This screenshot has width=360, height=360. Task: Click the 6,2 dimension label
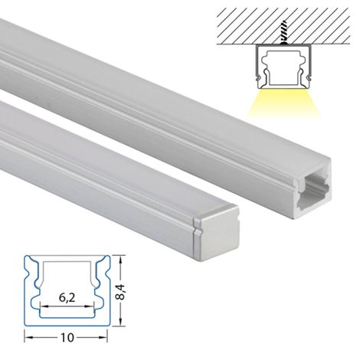(x=67, y=298)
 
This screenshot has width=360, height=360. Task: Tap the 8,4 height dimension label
(x=121, y=292)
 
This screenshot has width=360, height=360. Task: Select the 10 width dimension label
(x=67, y=338)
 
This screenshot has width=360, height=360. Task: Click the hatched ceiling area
(x=283, y=26)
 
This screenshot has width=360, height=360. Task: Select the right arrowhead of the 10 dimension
(x=103, y=338)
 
